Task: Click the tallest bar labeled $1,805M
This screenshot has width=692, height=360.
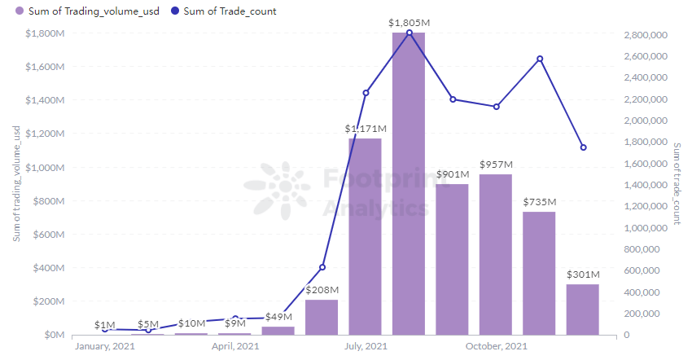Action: (409, 183)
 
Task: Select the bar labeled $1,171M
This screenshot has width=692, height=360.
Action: (365, 236)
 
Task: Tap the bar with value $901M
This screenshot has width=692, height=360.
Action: (452, 259)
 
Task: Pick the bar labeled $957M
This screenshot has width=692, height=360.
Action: (496, 254)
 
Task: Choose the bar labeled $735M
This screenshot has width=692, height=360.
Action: (539, 273)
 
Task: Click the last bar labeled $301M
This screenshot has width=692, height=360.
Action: (583, 310)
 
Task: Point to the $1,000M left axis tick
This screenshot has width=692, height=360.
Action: (39, 168)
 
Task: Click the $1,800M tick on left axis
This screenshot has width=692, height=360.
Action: (39, 33)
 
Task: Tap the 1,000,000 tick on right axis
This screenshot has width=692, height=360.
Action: (646, 228)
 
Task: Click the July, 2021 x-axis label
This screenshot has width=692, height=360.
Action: (365, 347)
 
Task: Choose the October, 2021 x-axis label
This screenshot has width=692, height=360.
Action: (496, 347)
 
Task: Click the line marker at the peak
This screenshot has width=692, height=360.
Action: (409, 33)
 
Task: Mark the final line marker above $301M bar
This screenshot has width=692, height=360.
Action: (583, 147)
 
